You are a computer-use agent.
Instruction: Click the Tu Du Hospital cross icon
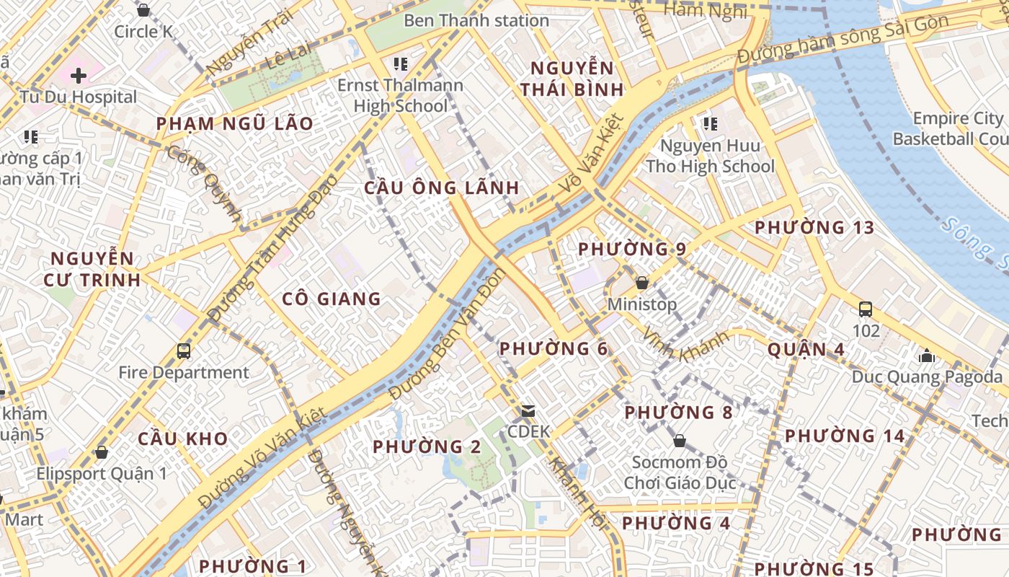pyautogui.click(x=79, y=75)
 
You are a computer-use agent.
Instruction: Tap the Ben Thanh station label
pyautogui.click(x=476, y=20)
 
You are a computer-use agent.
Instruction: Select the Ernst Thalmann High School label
pyautogui.click(x=401, y=95)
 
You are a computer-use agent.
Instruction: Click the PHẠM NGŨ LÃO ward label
pyautogui.click(x=235, y=123)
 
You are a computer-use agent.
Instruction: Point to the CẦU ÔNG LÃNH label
pyautogui.click(x=441, y=188)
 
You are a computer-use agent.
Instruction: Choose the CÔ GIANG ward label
pyautogui.click(x=331, y=299)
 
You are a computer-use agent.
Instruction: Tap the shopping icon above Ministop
pyautogui.click(x=641, y=283)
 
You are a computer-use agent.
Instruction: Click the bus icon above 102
pyautogui.click(x=866, y=309)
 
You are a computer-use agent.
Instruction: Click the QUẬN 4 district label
pyautogui.click(x=806, y=350)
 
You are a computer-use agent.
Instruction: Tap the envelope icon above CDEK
pyautogui.click(x=528, y=411)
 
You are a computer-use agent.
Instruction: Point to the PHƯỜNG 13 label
pyautogui.click(x=814, y=228)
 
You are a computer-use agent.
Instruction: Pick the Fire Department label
pyautogui.click(x=184, y=373)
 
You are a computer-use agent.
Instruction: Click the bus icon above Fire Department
pyautogui.click(x=184, y=351)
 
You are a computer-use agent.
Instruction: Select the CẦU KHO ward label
pyautogui.click(x=182, y=439)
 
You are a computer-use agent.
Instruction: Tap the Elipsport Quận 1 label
pyautogui.click(x=101, y=474)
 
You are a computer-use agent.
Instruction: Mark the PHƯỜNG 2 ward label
pyautogui.click(x=427, y=447)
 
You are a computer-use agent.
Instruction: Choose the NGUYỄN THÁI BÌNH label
pyautogui.click(x=572, y=79)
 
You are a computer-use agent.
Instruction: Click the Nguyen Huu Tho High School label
pyautogui.click(x=710, y=156)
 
